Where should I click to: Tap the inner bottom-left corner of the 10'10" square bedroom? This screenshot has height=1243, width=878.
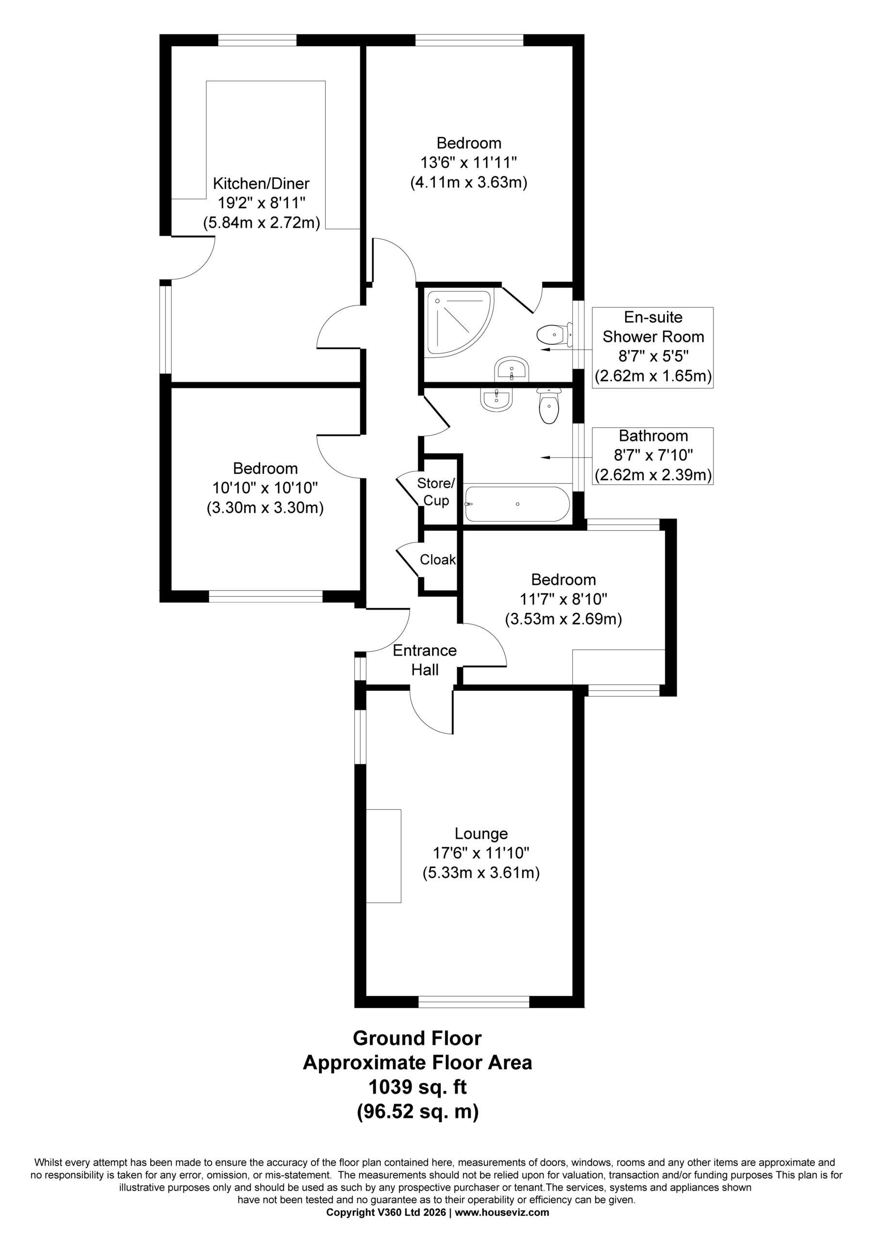click(x=172, y=590)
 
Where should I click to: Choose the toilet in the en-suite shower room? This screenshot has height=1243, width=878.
click(x=554, y=335)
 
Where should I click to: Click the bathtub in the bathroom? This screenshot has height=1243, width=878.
click(x=517, y=504)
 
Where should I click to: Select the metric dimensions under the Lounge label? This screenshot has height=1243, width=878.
click(x=481, y=873)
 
